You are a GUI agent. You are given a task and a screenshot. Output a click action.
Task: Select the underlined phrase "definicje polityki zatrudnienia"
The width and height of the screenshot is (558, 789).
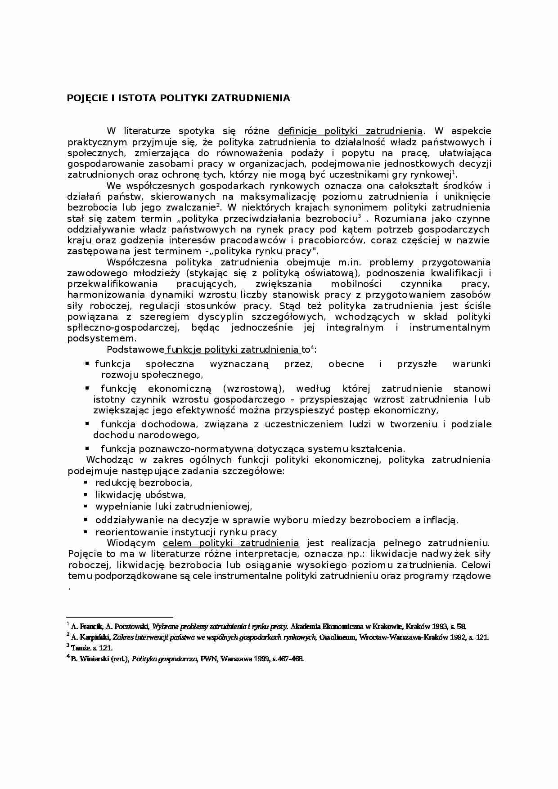pyautogui.click(x=350, y=131)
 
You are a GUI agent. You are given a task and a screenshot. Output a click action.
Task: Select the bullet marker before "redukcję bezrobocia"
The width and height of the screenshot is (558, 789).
pyautogui.click(x=85, y=482)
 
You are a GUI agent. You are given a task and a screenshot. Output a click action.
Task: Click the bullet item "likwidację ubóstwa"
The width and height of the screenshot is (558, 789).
pyautogui.click(x=140, y=495)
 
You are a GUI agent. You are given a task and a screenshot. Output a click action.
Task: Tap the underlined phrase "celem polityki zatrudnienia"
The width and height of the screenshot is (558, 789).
pyautogui.click(x=231, y=543)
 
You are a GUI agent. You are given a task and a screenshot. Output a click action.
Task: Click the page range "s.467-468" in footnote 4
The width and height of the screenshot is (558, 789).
pyautogui.click(x=288, y=659)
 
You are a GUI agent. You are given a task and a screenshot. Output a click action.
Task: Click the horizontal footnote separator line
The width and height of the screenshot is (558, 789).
pyautogui.click(x=120, y=617)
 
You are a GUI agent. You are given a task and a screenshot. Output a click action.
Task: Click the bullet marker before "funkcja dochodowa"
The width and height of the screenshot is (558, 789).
pyautogui.click(x=87, y=424)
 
